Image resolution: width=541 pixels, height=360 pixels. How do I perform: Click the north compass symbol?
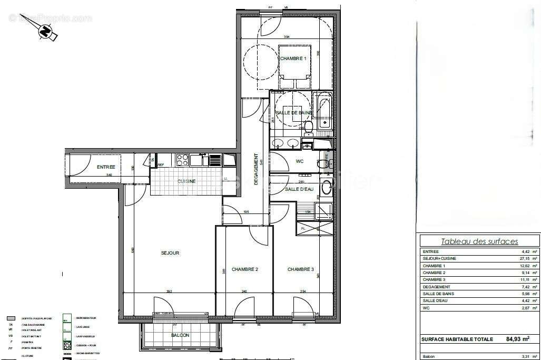tap(47, 33)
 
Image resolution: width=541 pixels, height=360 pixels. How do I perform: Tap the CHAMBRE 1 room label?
tap(293, 59)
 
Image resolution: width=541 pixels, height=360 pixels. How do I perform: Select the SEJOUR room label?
tap(170, 253)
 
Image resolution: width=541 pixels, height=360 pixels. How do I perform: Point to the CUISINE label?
tap(186, 181)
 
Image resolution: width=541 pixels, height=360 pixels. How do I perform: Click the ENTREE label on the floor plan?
tap(106, 167)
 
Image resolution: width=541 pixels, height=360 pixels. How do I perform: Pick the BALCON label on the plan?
tap(180, 335)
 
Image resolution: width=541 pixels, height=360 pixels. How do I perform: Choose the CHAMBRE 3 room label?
tap(301, 269)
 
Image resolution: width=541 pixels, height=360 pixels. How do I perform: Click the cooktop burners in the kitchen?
tap(183, 159)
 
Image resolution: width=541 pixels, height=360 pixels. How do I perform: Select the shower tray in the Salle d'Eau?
tap(322, 211)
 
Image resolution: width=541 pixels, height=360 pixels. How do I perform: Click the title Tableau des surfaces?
tap(479, 241)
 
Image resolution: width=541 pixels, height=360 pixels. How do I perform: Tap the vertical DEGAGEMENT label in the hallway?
tap(257, 169)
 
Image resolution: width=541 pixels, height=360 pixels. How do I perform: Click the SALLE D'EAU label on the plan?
tap(299, 189)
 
